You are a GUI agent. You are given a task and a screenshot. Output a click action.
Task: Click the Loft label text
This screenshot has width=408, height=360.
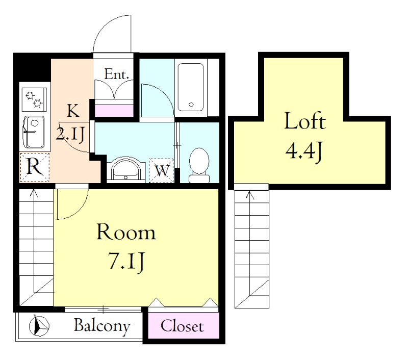(305, 121)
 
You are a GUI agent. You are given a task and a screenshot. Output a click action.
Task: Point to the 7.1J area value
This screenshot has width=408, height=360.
(126, 262)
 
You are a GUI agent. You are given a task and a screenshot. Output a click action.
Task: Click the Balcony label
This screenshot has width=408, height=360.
(102, 326)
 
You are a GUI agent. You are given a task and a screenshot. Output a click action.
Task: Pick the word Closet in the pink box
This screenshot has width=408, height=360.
(182, 326)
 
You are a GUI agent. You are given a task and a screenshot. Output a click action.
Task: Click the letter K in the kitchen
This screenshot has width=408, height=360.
(73, 110)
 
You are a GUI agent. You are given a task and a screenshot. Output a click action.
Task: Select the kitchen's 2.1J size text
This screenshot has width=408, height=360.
(70, 135)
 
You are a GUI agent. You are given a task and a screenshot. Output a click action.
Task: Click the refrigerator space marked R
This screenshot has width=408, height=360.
(34, 167)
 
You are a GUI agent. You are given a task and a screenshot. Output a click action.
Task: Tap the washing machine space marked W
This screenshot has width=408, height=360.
(161, 171)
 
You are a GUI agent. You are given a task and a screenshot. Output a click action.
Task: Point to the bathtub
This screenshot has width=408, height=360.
(190, 87)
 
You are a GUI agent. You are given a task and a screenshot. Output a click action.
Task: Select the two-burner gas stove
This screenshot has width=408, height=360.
(34, 100)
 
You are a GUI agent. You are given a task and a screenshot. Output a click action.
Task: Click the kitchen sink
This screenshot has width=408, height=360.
(34, 132)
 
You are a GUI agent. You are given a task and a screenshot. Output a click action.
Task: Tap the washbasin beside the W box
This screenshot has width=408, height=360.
(125, 169)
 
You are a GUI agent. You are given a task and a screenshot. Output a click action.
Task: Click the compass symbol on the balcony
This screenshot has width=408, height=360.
(39, 325)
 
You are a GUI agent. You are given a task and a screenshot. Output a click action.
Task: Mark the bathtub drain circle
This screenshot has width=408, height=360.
(191, 105)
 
